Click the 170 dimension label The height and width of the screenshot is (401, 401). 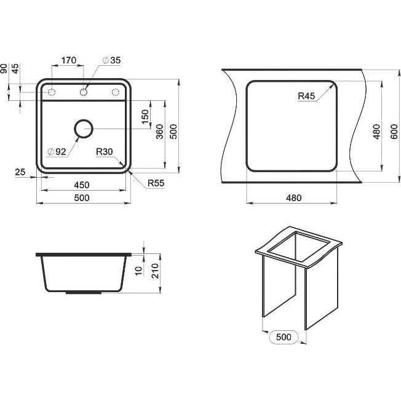69,60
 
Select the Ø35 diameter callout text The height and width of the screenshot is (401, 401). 111,60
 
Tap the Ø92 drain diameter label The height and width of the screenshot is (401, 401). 57,152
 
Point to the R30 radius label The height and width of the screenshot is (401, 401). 105,152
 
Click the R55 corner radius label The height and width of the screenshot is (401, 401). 156,183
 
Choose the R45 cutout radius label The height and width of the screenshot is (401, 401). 306,96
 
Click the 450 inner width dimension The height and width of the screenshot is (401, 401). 82,185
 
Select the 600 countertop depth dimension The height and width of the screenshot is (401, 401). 394,132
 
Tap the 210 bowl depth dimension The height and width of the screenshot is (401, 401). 155,271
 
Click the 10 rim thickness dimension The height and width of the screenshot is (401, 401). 138,271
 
